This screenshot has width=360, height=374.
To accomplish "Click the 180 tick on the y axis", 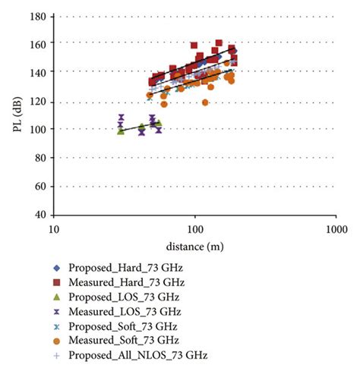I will [38, 15].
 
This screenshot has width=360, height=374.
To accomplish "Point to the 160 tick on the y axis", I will [38, 43].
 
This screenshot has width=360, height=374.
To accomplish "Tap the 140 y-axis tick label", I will [38, 72].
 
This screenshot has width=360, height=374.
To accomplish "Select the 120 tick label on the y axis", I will [38, 101].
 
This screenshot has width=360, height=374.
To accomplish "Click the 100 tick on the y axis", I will [38, 129].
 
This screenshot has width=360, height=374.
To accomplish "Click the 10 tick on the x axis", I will [55, 228].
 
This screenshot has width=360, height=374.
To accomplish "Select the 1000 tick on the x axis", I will [336, 228].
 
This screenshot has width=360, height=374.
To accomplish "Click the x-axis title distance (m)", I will [195, 246].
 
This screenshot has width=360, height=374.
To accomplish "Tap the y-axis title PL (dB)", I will [17, 115].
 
